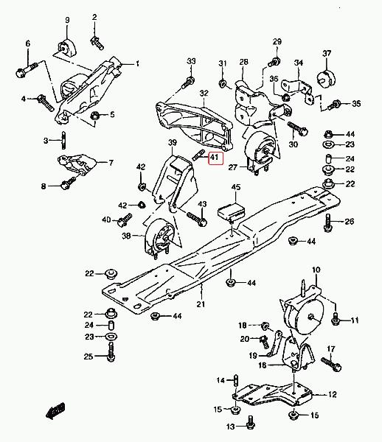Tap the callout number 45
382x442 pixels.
[x=236, y=187]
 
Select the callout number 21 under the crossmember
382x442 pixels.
[x=201, y=304]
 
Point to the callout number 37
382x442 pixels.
[x=327, y=53]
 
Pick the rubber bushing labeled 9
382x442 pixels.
[x=67, y=48]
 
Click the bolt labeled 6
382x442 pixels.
[x=27, y=70]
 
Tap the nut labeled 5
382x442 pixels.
[x=94, y=116]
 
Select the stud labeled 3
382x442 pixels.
[x=64, y=140]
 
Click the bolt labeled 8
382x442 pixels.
[x=69, y=182]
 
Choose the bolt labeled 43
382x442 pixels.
[x=197, y=220]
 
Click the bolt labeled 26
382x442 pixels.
[x=328, y=222]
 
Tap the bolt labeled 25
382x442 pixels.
[x=111, y=351]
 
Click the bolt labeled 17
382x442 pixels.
[x=331, y=364]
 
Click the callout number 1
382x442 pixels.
[x=137, y=63]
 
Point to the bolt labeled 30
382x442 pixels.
[x=298, y=128]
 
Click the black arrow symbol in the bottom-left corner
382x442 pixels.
[x=55, y=410]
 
